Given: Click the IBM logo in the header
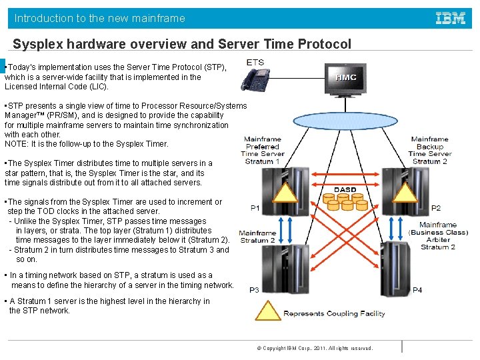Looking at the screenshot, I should tap(451, 19).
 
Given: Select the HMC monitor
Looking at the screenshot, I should tap(345, 79).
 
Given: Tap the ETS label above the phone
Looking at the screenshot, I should tap(255, 63).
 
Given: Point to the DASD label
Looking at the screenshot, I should tap(345, 190).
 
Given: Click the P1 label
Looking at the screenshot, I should tap(255, 208).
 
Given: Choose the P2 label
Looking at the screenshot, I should tap(435, 208).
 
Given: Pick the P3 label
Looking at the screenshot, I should tap(255, 290).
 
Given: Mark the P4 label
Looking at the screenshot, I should tap(417, 290).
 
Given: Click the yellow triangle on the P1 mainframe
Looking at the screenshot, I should tap(285, 192).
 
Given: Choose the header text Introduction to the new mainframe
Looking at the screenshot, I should tap(100, 19).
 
